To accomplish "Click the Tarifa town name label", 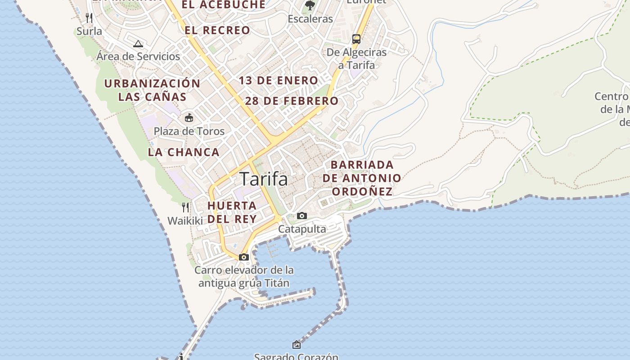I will click(264, 179).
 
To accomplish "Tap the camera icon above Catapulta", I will click(302, 216).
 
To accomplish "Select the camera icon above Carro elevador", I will click(244, 257).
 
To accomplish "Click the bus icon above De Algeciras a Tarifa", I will click(356, 39).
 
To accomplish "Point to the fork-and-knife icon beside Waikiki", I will click(185, 207).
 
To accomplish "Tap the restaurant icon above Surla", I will click(89, 18).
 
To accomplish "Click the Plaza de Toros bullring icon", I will click(189, 118).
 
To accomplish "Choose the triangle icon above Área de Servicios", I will click(138, 44).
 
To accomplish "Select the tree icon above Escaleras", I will click(310, 5).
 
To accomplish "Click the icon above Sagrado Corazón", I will click(297, 345).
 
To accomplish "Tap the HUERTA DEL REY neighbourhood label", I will click(232, 212).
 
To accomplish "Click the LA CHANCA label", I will click(184, 152).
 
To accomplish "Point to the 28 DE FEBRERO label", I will click(292, 101).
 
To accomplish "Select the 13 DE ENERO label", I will click(279, 81).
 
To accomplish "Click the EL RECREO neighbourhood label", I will click(217, 30).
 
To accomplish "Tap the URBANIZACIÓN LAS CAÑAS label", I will click(152, 90).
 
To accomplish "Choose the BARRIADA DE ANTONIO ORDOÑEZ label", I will click(362, 178).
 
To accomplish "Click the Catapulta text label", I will click(302, 229).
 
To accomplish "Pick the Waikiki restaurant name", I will click(185, 221).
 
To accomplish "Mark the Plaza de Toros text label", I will click(189, 131).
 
